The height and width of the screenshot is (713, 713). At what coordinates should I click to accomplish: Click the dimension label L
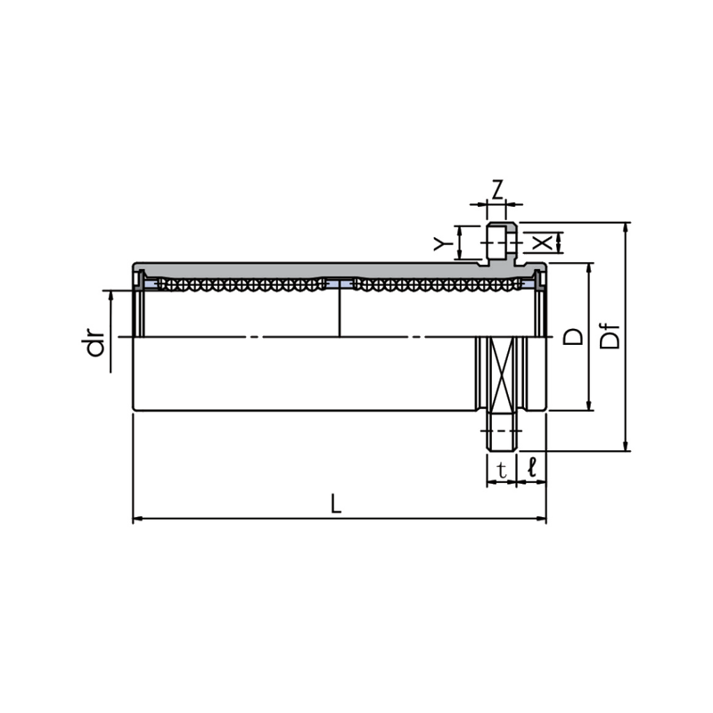pos(335,504)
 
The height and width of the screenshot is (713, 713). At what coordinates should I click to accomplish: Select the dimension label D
pos(573,336)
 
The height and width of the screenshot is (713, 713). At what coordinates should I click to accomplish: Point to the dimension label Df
pos(611,336)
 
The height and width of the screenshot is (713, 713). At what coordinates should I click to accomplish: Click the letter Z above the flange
pos(498,188)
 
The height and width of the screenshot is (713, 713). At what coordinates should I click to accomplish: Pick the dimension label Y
pos(441,243)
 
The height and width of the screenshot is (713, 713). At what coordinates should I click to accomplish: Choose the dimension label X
pos(540,242)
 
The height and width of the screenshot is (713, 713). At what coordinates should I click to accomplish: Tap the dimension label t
pos(502,468)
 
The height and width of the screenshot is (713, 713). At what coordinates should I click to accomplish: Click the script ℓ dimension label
pos(532,467)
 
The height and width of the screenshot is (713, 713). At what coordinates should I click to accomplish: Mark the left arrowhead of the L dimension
pos(136,518)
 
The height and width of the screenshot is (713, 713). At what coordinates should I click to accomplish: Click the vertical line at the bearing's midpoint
pos(340,312)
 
